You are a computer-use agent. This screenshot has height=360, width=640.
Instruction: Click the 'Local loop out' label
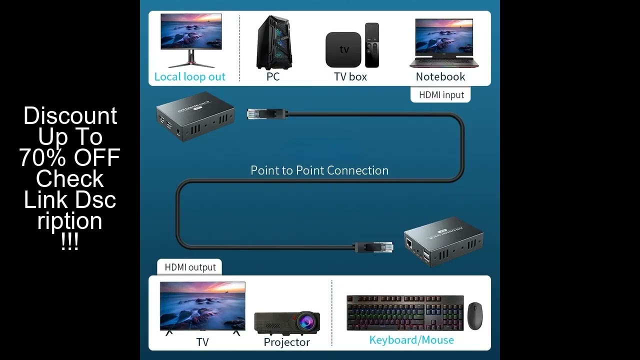click(x=189, y=76)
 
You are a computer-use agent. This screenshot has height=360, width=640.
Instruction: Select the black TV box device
click(x=343, y=49)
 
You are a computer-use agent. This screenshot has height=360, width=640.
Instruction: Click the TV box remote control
click(x=372, y=45)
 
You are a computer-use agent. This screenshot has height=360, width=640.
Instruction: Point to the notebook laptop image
click(x=443, y=43)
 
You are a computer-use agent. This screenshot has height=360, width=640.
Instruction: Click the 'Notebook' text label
click(x=440, y=76)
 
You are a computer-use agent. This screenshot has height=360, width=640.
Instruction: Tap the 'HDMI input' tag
click(x=441, y=94)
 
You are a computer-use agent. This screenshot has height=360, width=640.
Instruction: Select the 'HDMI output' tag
click(x=190, y=267)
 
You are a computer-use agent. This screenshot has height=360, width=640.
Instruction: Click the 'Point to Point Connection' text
click(x=319, y=170)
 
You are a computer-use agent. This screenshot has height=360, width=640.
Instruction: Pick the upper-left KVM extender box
click(x=195, y=119)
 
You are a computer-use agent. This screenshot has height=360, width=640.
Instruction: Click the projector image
click(x=287, y=322)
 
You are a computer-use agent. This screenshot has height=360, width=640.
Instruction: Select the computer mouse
click(x=475, y=315)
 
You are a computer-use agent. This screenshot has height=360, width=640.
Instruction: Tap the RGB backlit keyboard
click(x=405, y=312)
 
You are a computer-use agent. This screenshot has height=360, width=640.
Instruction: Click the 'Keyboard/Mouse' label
click(x=411, y=340)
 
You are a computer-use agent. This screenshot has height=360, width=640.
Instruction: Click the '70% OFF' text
click(x=70, y=157)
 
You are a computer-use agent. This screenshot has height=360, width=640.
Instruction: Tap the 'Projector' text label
click(x=286, y=342)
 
